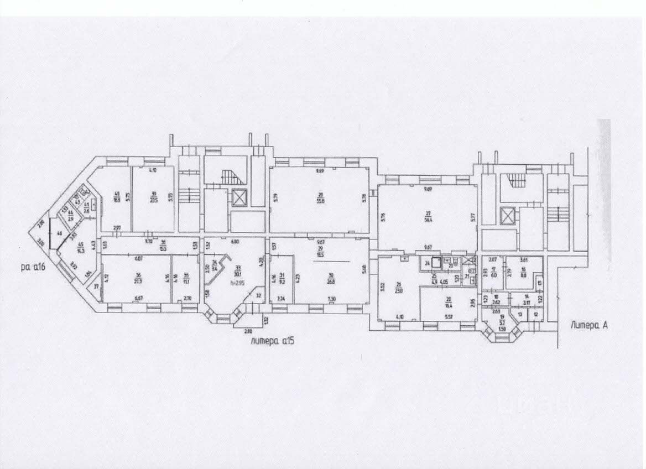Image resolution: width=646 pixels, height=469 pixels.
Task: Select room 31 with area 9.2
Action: point(281,278)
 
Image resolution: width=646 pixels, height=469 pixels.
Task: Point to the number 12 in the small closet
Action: point(535,314)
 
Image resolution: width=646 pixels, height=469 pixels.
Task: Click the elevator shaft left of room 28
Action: point(239,198)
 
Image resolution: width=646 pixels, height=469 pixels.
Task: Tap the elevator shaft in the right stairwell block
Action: point(506,215)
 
